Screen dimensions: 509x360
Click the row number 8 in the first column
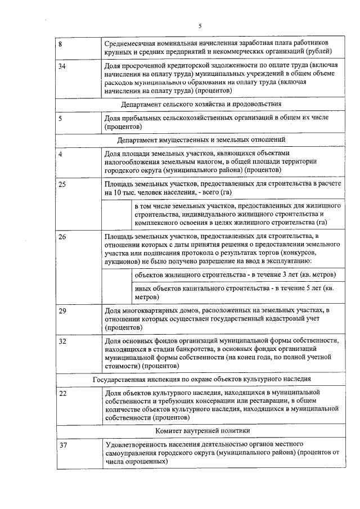click(61, 43)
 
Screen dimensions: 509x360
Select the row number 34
click(62, 66)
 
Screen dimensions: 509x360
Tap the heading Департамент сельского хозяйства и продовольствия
click(201, 104)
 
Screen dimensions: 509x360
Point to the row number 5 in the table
click(61, 119)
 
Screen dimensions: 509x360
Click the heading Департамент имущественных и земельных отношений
click(201, 139)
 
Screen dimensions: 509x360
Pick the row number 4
click(61, 154)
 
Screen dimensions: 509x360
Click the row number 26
click(62, 237)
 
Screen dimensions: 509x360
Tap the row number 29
click(62, 310)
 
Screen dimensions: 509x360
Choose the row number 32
click(62, 341)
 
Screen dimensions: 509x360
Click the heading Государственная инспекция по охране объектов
click(201, 380)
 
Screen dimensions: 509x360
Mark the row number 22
click(62, 394)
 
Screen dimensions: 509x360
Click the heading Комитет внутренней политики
click(201, 431)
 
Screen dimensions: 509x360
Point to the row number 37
click(62, 445)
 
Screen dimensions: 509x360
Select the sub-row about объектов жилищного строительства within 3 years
click(235, 274)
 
